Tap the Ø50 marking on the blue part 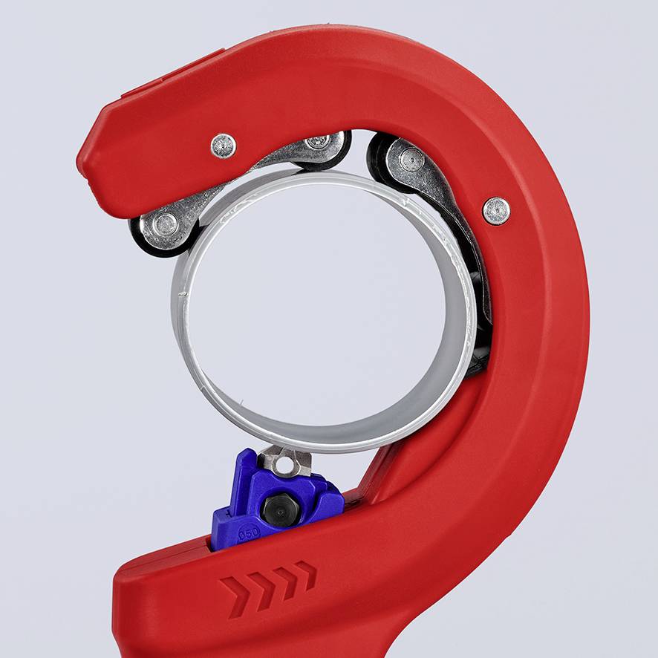pyautogui.click(x=250, y=534)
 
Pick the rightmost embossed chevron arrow pyautogui.click(x=305, y=574)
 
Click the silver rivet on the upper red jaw pyautogui.click(x=223, y=145)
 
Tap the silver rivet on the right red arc pyautogui.click(x=496, y=210)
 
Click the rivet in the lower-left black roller pyautogui.click(x=165, y=223)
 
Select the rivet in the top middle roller pyautogui.click(x=319, y=140)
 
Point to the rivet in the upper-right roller pyautogui.click(x=411, y=159)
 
